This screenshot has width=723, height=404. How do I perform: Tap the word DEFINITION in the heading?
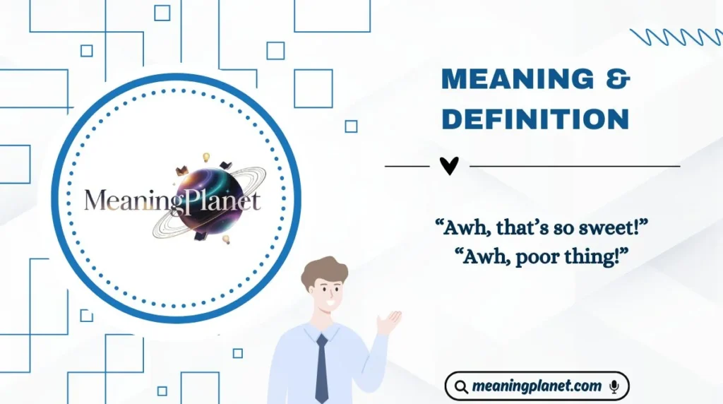535,119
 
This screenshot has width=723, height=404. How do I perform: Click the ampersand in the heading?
619,79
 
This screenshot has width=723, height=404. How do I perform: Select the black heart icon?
449,166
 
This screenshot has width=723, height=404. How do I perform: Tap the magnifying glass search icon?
461,386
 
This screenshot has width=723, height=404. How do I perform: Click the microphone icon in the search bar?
614,386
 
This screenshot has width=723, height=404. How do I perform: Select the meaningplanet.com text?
537,386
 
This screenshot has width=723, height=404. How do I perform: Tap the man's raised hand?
388,322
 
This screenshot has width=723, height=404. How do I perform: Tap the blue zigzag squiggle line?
675,37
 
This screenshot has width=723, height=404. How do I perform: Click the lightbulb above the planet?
207,157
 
